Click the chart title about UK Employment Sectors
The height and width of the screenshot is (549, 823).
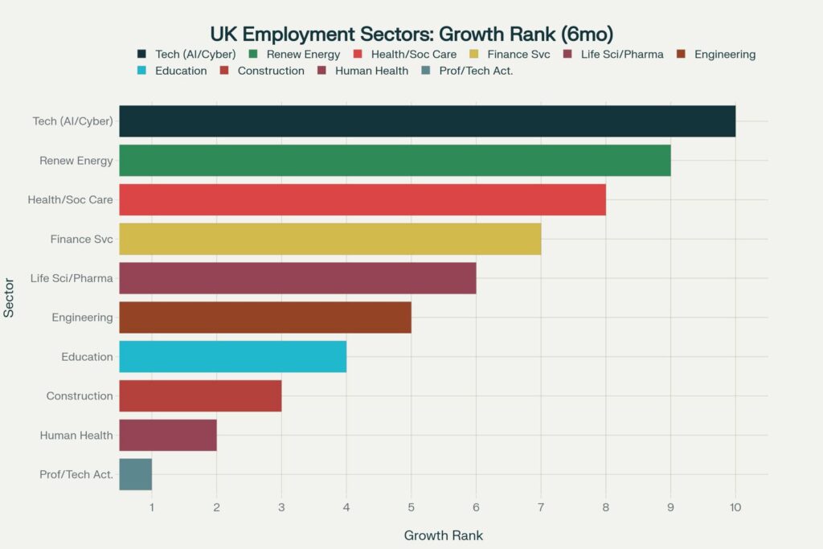click(411, 34)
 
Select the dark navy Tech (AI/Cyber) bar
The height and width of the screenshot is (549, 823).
click(427, 121)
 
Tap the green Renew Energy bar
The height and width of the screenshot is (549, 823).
click(395, 161)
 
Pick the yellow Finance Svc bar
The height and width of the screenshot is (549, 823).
click(330, 239)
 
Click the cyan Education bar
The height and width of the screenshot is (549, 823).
click(232, 356)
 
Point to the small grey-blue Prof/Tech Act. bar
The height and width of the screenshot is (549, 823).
click(135, 474)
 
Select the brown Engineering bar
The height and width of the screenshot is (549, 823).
click(265, 318)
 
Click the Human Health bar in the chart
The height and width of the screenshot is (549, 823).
click(168, 435)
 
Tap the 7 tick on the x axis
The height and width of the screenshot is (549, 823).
click(541, 507)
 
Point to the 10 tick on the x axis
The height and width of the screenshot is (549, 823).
click(735, 507)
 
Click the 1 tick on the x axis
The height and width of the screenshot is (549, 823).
click(152, 507)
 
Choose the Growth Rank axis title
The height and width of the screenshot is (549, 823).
click(443, 535)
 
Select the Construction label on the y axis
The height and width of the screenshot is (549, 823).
click(80, 396)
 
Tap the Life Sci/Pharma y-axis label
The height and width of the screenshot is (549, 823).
click(72, 278)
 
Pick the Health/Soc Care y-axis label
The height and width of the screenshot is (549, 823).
click(70, 199)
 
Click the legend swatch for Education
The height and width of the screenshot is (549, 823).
click(142, 71)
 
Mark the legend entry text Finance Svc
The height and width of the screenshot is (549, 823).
click(519, 55)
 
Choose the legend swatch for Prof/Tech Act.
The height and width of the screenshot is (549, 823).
click(425, 71)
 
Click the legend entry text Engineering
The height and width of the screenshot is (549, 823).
click(725, 55)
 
